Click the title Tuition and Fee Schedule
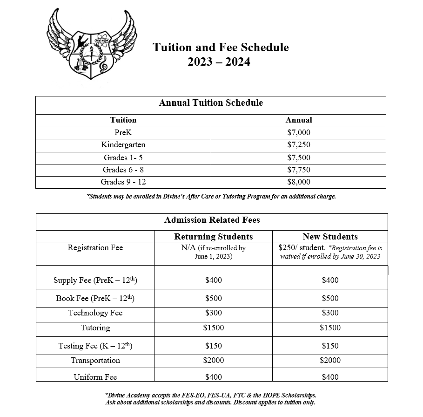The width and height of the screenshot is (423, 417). coord(221,48)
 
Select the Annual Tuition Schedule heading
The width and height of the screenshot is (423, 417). coord(211,103)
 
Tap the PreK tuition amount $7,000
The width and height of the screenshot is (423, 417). coord(299,133)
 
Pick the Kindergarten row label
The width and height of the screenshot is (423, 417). coord(123,145)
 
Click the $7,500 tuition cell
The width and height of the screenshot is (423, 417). coord(299,157)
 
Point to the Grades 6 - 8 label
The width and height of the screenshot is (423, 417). coord(123,170)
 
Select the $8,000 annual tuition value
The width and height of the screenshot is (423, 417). coord(299,182)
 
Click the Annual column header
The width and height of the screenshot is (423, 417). coord(299,120)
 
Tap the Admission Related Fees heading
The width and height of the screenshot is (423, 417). coord(212,220)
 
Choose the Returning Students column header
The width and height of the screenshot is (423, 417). coord(214,237)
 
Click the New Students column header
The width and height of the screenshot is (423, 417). coord(330,237)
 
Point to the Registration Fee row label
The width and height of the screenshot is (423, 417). coord(95,247)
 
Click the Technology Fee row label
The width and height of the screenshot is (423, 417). coord(95,313)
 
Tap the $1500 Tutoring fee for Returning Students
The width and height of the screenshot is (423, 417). coord(214,328)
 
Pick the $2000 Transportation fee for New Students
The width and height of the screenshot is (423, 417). coord(330,360)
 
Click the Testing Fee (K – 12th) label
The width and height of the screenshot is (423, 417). coord(95,345)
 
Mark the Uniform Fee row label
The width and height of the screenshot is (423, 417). coord(95,377)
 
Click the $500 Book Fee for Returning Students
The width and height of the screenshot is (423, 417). coord(214,298)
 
